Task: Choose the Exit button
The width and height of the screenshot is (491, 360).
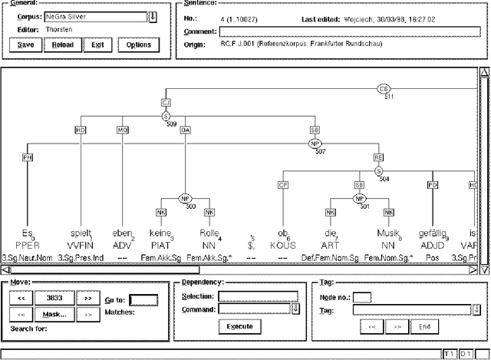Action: (x=97, y=45)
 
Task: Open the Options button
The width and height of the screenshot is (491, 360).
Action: (x=139, y=45)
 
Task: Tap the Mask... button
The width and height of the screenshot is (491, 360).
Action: (x=54, y=314)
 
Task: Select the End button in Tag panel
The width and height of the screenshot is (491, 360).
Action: (x=423, y=325)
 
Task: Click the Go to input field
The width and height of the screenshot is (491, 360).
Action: (x=143, y=300)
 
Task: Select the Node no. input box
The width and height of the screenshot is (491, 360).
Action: (x=362, y=297)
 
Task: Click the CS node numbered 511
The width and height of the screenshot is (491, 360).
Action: (x=384, y=89)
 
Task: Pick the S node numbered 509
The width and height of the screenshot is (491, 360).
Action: (x=165, y=116)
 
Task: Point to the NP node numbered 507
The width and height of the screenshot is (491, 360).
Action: (x=315, y=143)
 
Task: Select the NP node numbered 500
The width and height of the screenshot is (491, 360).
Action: (x=185, y=198)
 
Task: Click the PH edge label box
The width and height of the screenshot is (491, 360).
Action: (x=28, y=157)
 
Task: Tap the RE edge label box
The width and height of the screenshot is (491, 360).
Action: (x=378, y=157)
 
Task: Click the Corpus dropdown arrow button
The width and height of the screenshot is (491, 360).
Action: (x=153, y=17)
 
